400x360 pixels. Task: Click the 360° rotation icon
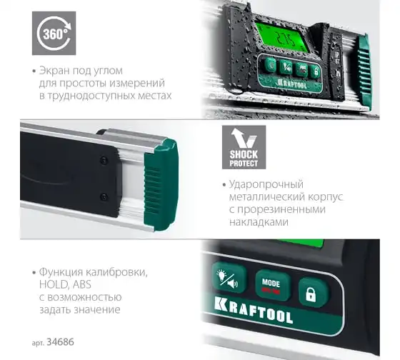pyautogui.click(x=54, y=33)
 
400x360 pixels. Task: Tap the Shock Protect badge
pyautogui.click(x=244, y=147)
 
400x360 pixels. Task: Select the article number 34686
pyautogui.click(x=60, y=341)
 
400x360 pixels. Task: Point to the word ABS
pyautogui.click(x=82, y=284)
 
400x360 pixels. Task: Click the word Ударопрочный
pyautogui.click(x=266, y=184)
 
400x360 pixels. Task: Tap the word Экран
pyautogui.click(x=54, y=71)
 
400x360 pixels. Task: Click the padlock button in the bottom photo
pyautogui.click(x=311, y=293)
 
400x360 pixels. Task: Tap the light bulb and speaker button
pyautogui.click(x=229, y=279)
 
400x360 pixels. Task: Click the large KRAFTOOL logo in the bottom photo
pyautogui.click(x=254, y=310)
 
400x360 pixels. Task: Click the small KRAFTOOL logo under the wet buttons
pyautogui.click(x=292, y=84)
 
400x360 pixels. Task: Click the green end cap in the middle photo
pyautogui.click(x=161, y=185)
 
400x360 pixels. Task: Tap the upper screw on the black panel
pyautogui.click(x=104, y=160)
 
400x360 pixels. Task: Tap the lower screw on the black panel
pyautogui.click(x=104, y=196)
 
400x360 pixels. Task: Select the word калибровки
pyautogui.click(x=116, y=272)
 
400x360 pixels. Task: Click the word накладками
pyautogui.click(x=259, y=221)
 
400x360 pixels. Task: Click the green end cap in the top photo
pyautogui.click(x=365, y=71)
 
